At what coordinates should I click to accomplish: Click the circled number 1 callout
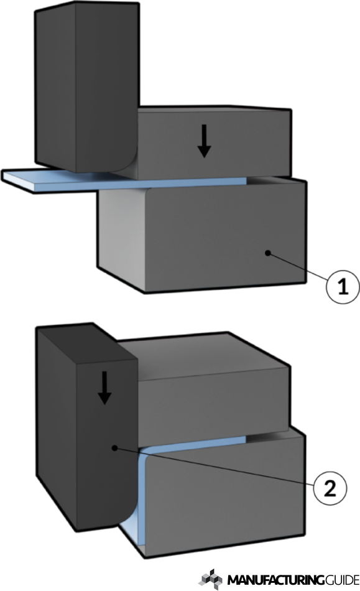343,287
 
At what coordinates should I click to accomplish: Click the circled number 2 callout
330,489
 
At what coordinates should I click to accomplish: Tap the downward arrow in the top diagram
204,141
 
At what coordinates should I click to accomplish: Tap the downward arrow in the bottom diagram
104,388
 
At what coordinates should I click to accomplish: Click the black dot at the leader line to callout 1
268,253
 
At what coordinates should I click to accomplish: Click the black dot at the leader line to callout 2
115,448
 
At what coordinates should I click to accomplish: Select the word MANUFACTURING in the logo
275,579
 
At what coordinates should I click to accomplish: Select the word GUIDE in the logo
341,579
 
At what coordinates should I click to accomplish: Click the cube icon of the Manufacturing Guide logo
211,579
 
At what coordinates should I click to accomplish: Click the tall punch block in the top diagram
86,86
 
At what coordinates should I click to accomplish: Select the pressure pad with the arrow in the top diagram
213,142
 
